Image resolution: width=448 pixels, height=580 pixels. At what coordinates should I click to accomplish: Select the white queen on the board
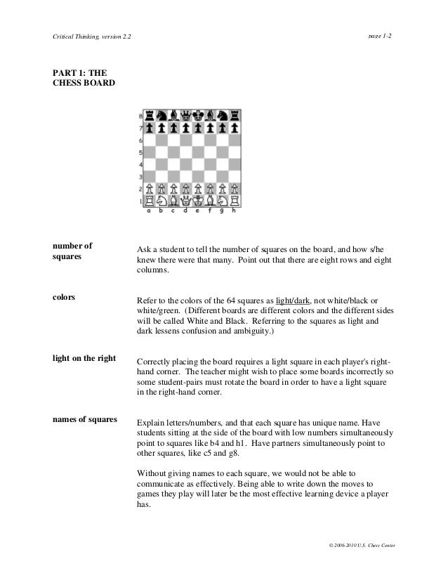[185, 200]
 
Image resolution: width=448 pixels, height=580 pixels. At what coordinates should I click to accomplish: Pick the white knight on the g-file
[222, 200]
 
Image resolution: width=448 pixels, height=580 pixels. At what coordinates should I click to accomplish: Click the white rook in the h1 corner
[235, 200]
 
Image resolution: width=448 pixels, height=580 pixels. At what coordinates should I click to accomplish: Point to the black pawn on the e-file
[198, 128]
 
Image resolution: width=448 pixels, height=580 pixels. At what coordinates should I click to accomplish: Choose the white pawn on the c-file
[173, 188]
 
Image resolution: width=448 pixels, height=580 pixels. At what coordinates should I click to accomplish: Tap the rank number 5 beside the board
[141, 152]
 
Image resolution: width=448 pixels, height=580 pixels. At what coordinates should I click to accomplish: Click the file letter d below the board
[185, 210]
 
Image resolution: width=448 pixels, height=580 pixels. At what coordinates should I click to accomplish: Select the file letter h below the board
[235, 210]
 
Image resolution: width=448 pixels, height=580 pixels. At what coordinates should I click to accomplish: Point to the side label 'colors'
[65, 297]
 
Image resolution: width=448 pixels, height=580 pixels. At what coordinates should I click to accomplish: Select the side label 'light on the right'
[84, 358]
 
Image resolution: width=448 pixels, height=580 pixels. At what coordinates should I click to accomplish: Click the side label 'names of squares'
[84, 419]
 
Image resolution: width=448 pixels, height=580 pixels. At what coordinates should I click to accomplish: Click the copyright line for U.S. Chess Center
[357, 545]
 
